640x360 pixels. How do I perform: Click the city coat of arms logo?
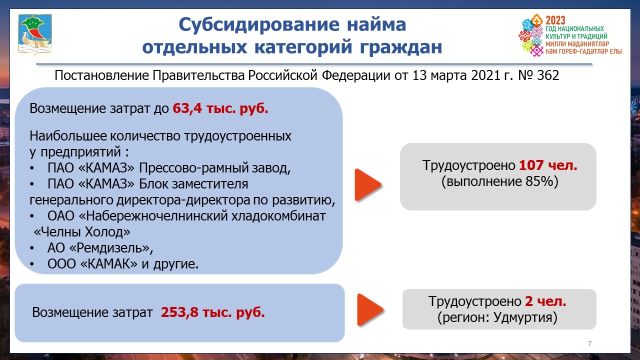[x=35, y=34]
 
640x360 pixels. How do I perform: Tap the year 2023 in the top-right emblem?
[x=555, y=20]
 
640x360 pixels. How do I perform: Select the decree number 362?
[x=548, y=75]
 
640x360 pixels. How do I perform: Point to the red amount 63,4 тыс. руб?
[x=220, y=108]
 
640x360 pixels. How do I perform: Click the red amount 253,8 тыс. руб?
[x=213, y=312]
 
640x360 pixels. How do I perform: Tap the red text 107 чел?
[x=548, y=165]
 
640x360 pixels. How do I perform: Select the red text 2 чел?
[x=545, y=301]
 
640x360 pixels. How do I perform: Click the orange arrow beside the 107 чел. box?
[x=367, y=185]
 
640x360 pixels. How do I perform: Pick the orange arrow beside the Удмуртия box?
[x=370, y=309]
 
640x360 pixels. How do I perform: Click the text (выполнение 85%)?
[x=499, y=181]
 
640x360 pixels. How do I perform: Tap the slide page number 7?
[x=589, y=343]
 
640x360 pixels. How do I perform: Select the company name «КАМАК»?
[x=109, y=264]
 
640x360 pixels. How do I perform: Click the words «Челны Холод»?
[x=82, y=232]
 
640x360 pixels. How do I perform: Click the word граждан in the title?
[x=401, y=47]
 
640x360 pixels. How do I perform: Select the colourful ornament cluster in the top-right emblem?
[x=531, y=35]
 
